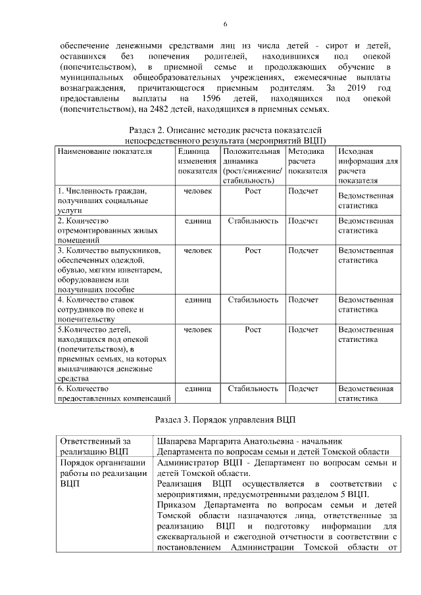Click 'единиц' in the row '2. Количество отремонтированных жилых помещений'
tap(197, 221)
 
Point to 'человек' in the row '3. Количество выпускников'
tap(197, 250)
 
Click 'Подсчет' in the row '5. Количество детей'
tap(303, 329)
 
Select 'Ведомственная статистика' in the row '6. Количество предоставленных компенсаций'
tap(365, 393)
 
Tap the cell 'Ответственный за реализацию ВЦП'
tap(95, 446)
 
